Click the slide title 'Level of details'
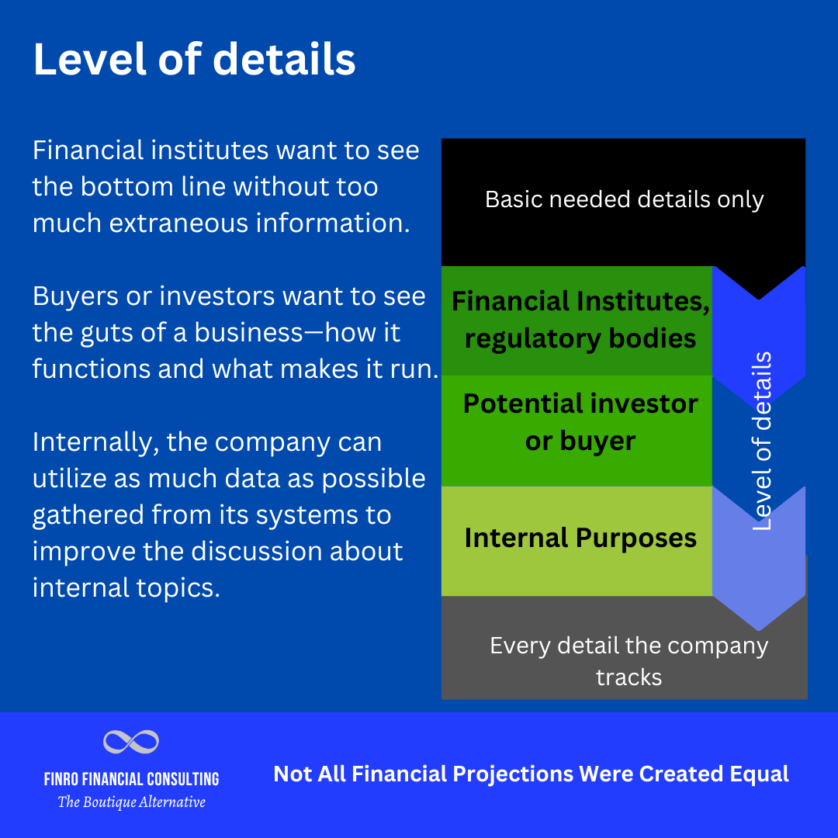(194, 60)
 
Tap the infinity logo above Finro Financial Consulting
(131, 742)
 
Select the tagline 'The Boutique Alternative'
(131, 802)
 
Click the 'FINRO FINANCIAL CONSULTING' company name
(131, 778)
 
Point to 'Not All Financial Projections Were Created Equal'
(531, 774)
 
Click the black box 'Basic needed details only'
(624, 200)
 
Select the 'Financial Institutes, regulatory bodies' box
(579, 320)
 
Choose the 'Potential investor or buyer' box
(579, 422)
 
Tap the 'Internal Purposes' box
(579, 538)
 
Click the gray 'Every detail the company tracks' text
(628, 660)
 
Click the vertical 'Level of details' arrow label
(763, 441)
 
